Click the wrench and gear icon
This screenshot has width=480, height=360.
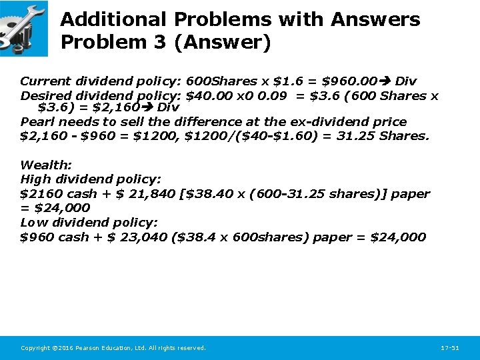tap(24, 28)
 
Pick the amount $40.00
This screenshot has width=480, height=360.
tap(207, 95)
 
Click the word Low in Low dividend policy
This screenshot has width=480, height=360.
tap(33, 222)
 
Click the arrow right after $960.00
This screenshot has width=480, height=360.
tap(385, 81)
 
